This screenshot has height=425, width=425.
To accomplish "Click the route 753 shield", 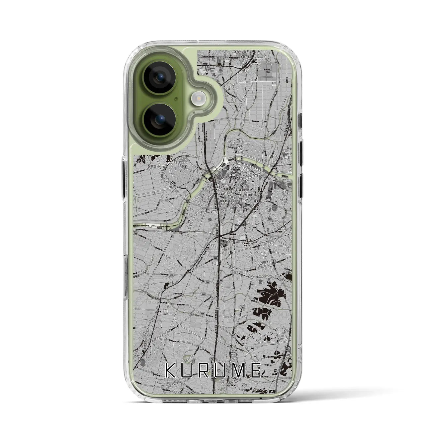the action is tap(254, 227).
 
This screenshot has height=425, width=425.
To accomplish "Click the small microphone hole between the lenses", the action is tap(175, 99).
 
